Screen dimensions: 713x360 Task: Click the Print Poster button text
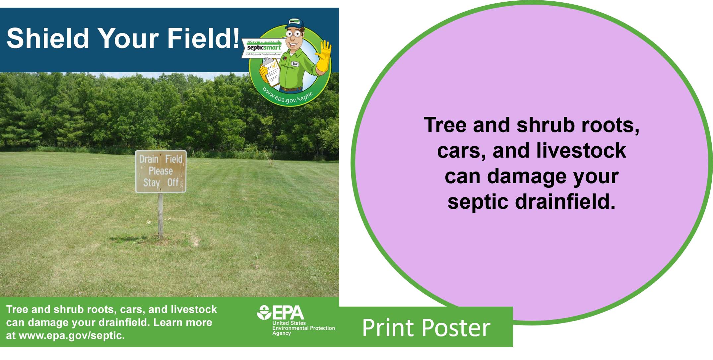click(426, 328)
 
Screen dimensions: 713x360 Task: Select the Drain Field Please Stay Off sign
click(161, 171)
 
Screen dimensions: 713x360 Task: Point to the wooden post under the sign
click(161, 216)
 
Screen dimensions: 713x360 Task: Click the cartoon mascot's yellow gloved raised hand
click(323, 56)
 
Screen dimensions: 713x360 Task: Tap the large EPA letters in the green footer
click(288, 313)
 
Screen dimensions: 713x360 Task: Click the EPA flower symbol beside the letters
click(264, 313)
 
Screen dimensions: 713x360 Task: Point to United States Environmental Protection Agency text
click(303, 328)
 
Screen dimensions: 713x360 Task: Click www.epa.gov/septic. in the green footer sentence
click(72, 335)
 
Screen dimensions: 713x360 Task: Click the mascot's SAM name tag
click(295, 64)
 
